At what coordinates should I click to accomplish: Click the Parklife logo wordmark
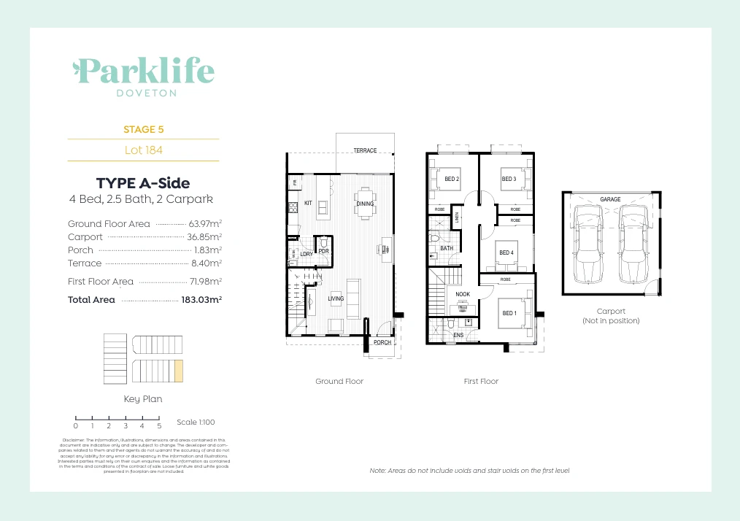click(143, 71)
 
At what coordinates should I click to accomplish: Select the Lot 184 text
click(143, 150)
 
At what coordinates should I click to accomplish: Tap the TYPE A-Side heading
click(143, 183)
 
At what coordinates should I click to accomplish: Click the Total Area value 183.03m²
click(201, 300)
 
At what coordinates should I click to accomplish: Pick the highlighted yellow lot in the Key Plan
click(178, 371)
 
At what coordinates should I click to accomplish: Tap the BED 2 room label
click(452, 179)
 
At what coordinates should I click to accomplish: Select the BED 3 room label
click(509, 179)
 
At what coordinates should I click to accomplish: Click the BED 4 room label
click(506, 253)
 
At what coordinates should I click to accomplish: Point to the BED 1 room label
click(509, 313)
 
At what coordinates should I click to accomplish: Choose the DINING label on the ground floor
click(365, 204)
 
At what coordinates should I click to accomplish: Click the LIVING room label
click(336, 298)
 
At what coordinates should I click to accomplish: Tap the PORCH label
click(382, 342)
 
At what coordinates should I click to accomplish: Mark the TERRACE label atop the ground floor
click(365, 151)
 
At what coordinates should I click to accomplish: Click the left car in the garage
click(589, 244)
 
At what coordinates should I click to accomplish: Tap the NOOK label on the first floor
click(463, 295)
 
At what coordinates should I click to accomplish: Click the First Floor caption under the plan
click(481, 382)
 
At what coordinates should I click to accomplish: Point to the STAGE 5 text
click(143, 129)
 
